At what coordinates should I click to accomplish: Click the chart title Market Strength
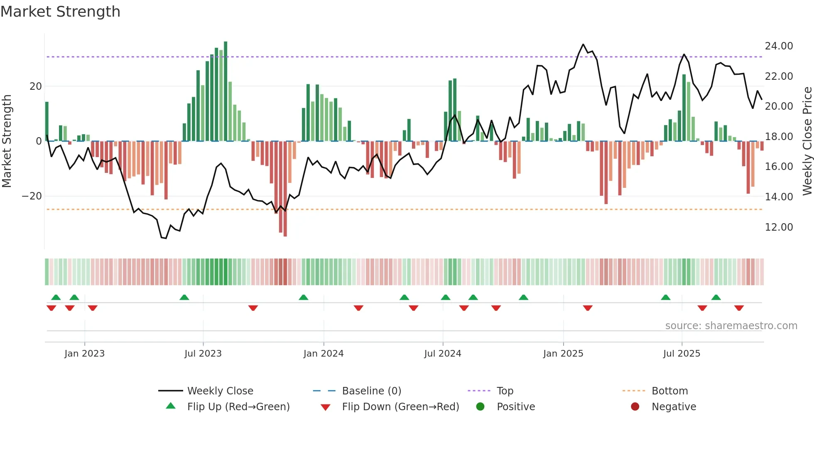pyautogui.click(x=60, y=12)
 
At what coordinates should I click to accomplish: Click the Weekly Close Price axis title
pyautogui.click(x=807, y=141)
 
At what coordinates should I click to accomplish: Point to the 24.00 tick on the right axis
pyautogui.click(x=779, y=46)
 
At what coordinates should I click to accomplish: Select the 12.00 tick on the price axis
pyautogui.click(x=779, y=227)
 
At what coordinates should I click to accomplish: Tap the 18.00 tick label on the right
pyautogui.click(x=779, y=137)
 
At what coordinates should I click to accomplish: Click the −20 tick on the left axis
pyautogui.click(x=32, y=196)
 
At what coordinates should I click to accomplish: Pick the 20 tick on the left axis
pyautogui.click(x=36, y=86)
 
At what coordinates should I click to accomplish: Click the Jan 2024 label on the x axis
pyautogui.click(x=324, y=354)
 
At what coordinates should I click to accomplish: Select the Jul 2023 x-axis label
pyautogui.click(x=203, y=354)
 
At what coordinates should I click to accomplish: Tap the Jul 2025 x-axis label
pyautogui.click(x=682, y=354)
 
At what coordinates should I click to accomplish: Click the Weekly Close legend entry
pyautogui.click(x=220, y=391)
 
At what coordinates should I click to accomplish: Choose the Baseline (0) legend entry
pyautogui.click(x=371, y=391)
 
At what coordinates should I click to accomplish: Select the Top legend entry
pyautogui.click(x=505, y=391)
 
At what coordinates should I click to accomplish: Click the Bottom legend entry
pyautogui.click(x=669, y=391)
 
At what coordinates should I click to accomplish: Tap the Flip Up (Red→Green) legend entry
pyautogui.click(x=238, y=407)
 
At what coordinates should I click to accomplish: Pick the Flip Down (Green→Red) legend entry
pyautogui.click(x=400, y=407)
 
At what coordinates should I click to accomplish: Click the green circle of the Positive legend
pyautogui.click(x=480, y=407)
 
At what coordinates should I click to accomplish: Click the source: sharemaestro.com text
pyautogui.click(x=731, y=326)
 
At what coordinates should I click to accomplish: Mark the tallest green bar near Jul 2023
pyautogui.click(x=226, y=91)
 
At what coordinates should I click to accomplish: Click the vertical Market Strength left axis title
pyautogui.click(x=7, y=141)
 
